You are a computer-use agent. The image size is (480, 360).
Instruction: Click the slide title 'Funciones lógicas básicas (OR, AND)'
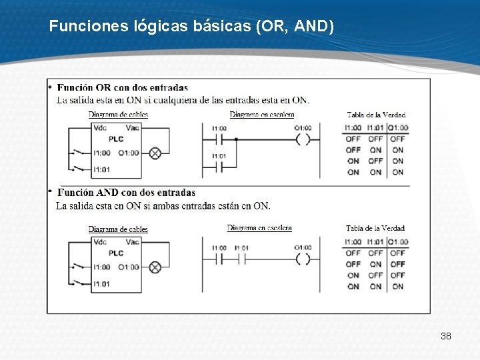pos(191,27)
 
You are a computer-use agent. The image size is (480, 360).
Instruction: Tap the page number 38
pos(446,336)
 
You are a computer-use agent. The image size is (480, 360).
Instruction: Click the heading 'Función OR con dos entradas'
pos(123,87)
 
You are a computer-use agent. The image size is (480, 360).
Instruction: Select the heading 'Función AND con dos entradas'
pos(126,193)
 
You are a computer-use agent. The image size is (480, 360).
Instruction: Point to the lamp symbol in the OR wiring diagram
pos(155,153)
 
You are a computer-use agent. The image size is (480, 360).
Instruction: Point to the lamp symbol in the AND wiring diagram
pos(155,267)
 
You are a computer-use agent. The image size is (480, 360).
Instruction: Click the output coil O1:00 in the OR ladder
pos(303,140)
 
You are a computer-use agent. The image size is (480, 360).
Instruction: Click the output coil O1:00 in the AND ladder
pos(303,259)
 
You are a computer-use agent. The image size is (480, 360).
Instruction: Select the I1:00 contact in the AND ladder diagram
pos(219,259)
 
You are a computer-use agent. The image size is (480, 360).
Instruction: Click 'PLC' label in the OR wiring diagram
pos(116,139)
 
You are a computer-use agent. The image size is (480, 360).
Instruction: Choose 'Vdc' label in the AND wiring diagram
pos(100,242)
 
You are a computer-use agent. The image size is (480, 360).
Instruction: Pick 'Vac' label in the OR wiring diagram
pos(132,127)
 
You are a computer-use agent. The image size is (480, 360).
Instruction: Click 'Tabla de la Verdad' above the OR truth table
pos(375,115)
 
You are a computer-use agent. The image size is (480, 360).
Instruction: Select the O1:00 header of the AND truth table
pos(398,241)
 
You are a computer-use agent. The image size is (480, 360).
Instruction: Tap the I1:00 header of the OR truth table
pos(353,127)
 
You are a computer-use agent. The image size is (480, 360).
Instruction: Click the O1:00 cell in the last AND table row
pos(398,287)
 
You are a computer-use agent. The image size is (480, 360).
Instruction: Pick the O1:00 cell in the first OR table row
pos(398,139)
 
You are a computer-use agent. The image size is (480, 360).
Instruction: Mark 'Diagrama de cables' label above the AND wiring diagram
pos(118,229)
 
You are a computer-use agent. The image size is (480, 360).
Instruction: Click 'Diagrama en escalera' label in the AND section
pos(259,228)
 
